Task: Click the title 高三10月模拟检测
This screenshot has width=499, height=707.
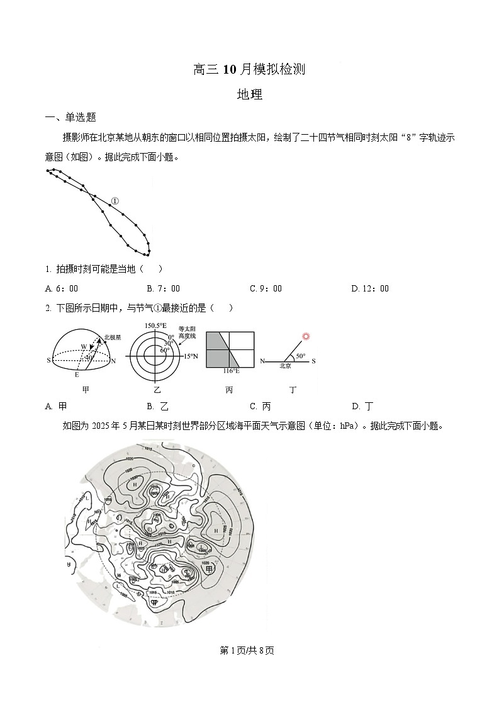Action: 249,70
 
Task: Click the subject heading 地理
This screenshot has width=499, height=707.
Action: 249,95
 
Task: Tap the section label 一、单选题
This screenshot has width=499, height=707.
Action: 70,117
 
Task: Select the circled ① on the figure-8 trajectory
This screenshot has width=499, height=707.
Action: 115,201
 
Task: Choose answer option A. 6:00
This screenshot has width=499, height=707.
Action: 62,288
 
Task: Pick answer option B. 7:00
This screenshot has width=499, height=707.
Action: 163,288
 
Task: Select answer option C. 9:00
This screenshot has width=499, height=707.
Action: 266,288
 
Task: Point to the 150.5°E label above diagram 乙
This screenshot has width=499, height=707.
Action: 155,325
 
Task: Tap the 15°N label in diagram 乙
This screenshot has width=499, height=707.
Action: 191,356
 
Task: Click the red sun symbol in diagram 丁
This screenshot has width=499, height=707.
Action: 306,336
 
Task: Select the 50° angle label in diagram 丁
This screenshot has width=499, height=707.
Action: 301,356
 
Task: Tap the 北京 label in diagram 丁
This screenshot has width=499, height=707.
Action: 286,365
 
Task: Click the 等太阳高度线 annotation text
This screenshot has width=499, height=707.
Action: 187,332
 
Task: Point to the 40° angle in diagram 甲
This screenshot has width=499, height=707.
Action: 89,357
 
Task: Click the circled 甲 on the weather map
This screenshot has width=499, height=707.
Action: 210,569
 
